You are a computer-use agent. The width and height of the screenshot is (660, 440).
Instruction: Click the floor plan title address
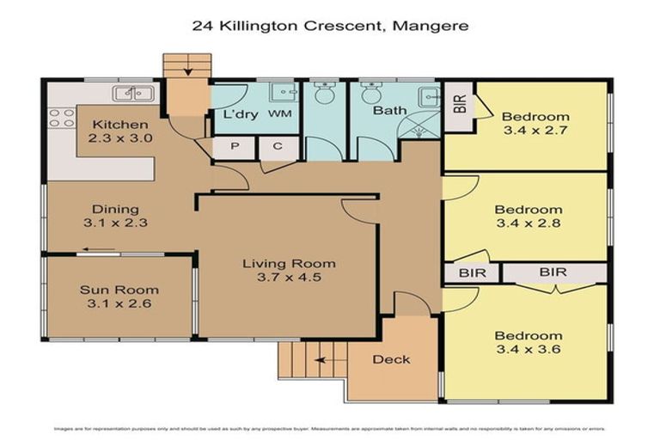coord(330,26)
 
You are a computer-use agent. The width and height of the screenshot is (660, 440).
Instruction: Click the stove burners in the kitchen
coord(62,118)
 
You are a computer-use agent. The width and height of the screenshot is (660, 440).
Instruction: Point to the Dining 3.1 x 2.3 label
coord(115,217)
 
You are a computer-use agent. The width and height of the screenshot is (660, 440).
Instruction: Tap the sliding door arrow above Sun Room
coord(99,252)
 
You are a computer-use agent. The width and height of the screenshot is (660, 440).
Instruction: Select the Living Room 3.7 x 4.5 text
coord(288,271)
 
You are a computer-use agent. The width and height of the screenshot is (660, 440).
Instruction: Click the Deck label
coord(391,359)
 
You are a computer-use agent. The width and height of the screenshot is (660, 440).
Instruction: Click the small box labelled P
coord(231,148)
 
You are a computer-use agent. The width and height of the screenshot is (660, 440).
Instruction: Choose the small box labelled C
coord(277,148)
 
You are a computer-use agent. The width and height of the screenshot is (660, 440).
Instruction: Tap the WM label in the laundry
coord(280,113)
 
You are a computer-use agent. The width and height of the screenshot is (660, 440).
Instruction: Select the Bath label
coord(389,111)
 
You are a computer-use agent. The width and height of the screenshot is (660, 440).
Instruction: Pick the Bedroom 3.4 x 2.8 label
coord(529,217)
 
